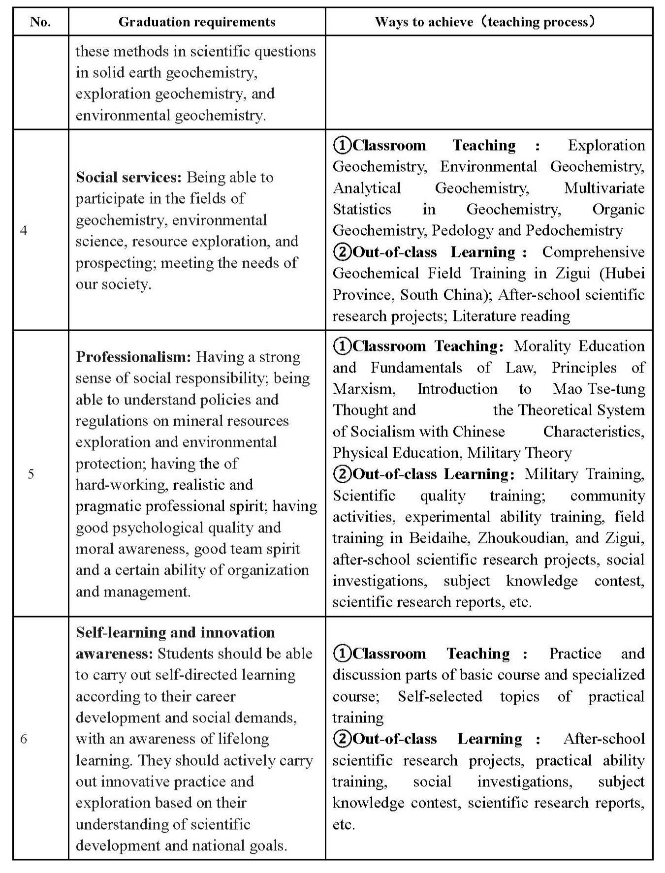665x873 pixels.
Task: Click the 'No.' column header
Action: click(40, 22)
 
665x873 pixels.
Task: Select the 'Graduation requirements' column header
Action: click(197, 22)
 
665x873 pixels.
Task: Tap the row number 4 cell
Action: click(24, 230)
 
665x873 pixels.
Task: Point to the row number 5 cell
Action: click(31, 474)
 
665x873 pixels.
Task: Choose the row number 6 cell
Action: click(24, 739)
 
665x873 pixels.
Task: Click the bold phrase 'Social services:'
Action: click(128, 177)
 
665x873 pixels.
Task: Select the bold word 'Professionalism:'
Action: click(133, 357)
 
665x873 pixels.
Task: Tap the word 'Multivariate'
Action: click(604, 188)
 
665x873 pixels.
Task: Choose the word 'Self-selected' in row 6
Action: click(440, 696)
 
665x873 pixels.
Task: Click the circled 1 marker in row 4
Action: click(342, 145)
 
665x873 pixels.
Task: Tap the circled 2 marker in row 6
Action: click(342, 739)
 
